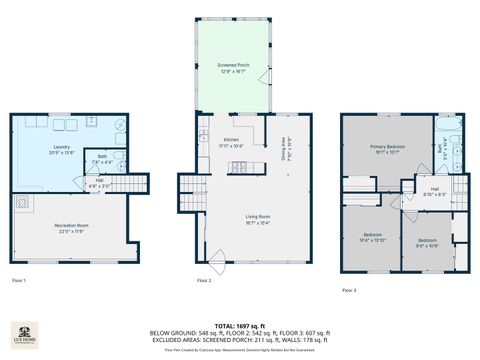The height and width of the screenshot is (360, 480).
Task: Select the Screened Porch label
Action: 233,67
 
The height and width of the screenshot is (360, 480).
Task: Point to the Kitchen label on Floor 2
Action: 231,142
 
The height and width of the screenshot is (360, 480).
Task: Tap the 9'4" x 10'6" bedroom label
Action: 427,242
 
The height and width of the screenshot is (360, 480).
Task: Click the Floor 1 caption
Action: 19,279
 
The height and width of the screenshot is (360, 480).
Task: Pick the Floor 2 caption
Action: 204,279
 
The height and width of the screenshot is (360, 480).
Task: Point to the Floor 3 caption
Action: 348,289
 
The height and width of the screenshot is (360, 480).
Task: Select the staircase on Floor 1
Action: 22,202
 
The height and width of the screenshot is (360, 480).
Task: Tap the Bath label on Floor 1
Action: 102,159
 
